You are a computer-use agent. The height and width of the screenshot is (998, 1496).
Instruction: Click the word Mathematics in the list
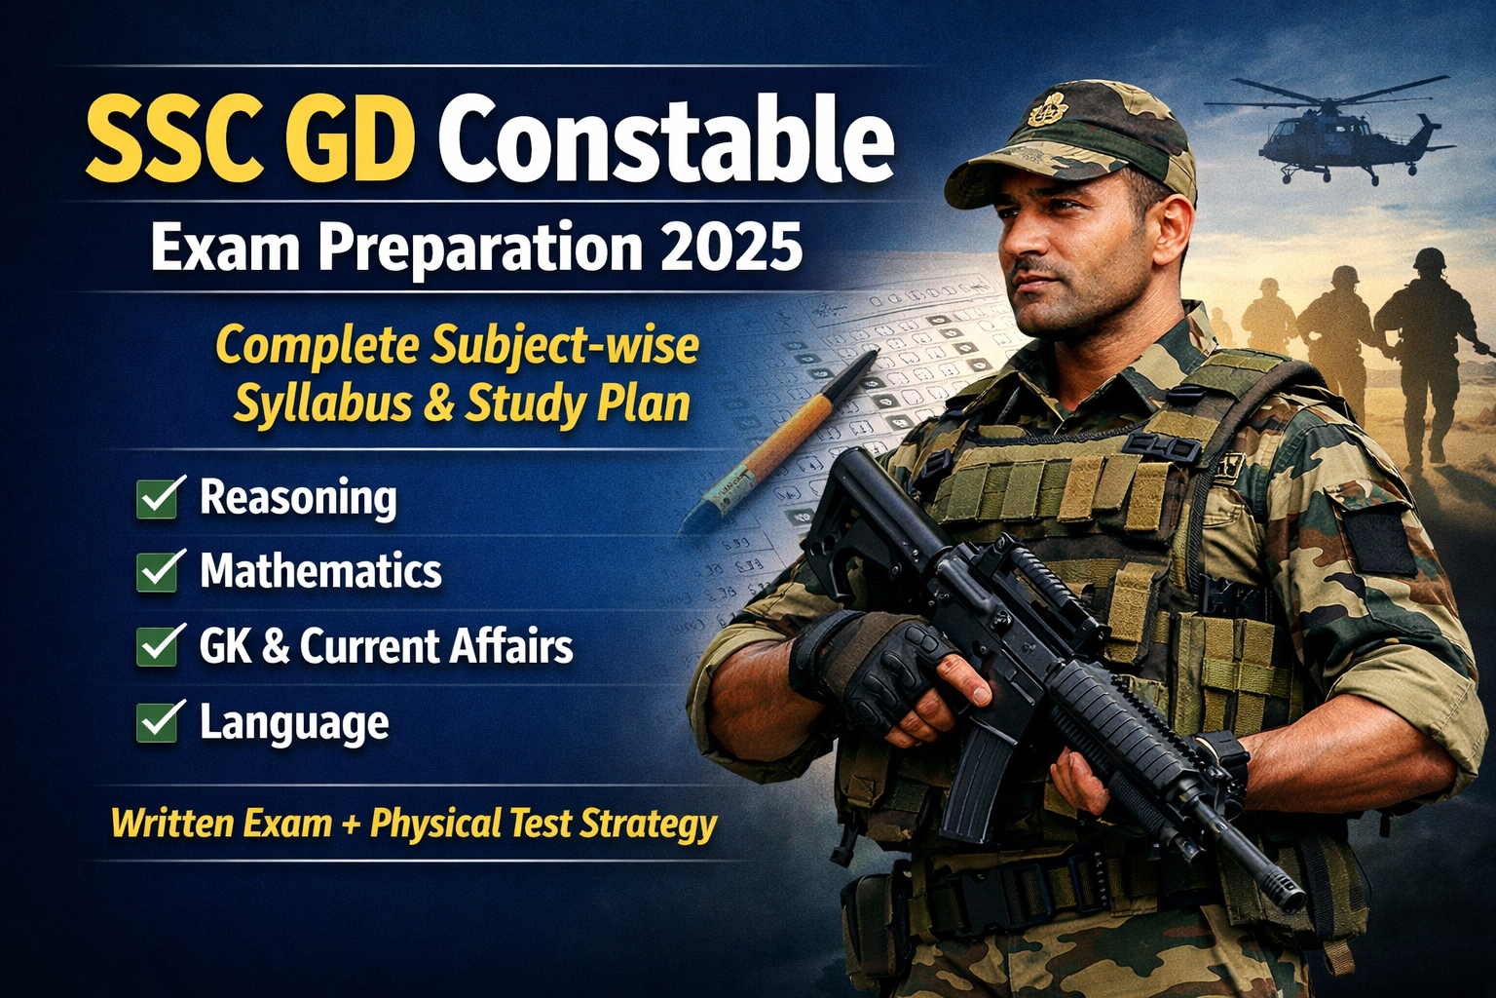click(321, 570)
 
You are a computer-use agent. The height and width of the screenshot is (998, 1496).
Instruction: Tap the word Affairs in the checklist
click(511, 645)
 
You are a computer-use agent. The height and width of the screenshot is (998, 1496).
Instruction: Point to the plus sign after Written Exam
click(352, 824)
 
